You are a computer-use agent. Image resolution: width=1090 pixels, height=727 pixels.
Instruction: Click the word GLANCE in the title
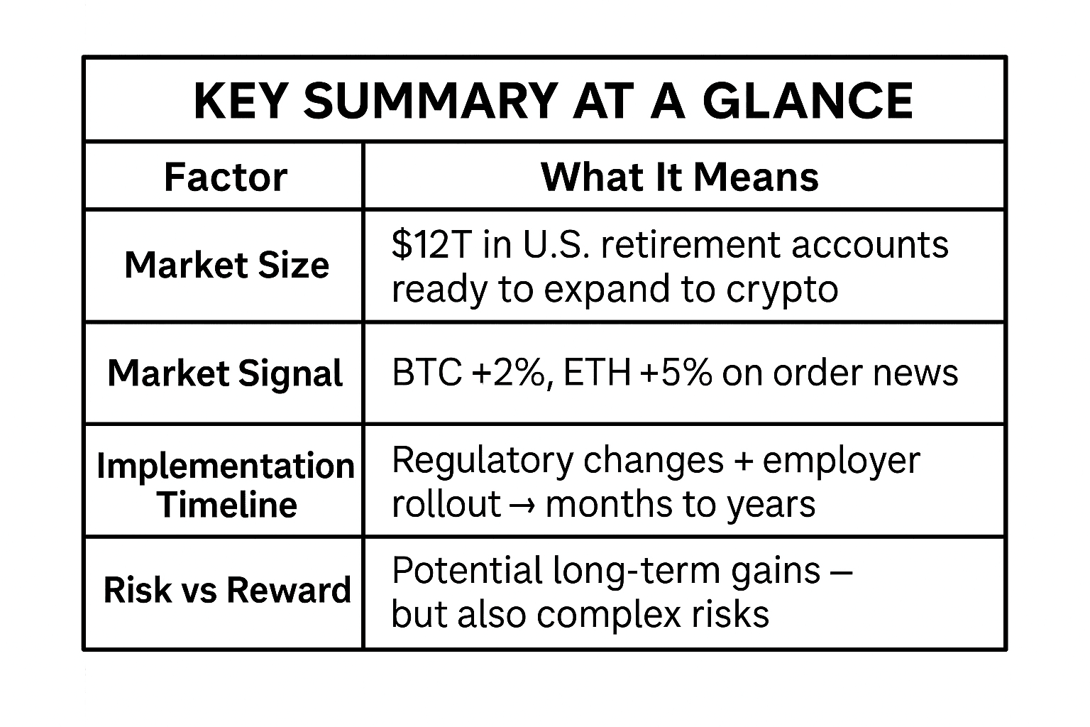pos(808,101)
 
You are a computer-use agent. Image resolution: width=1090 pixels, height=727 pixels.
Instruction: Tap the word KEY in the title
pos(239,101)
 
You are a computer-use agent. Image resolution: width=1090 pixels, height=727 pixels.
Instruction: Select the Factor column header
pos(226,177)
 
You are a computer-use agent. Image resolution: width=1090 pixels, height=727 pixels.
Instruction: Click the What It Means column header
pos(680,177)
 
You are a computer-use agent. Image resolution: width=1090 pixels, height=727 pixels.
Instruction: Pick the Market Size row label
pos(227,266)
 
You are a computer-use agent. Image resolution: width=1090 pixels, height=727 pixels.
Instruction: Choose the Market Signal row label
pos(225,373)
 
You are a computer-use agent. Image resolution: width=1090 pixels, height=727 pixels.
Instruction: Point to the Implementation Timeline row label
pos(226,485)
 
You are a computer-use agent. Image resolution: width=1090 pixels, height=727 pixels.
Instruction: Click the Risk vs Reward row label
pos(227,590)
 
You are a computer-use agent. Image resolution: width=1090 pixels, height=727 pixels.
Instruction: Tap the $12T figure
pos(431,245)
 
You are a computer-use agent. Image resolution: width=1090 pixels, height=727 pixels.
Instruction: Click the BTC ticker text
pos(427,373)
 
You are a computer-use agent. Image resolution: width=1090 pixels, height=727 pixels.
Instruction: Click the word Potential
pos(467,570)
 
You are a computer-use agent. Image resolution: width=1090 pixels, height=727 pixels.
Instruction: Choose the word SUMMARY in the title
pos(431,101)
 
